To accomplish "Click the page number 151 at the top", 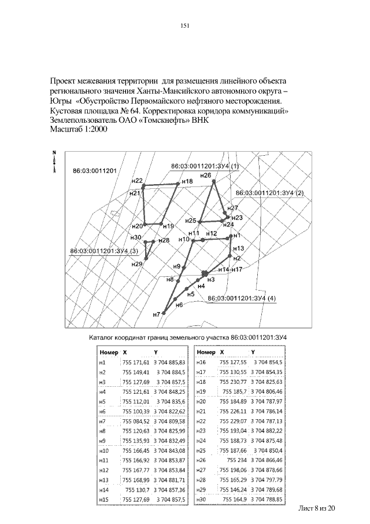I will point(185,25).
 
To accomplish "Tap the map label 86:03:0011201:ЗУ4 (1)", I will point(205,166).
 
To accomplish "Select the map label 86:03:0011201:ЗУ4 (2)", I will point(269,192).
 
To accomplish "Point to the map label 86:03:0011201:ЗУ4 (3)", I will point(103,251).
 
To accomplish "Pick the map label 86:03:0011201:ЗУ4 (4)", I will point(242,298).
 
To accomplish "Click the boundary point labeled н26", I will point(214,181).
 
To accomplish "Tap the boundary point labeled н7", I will point(164,313).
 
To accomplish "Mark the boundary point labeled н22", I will point(143,186).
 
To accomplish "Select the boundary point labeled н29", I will point(146,259).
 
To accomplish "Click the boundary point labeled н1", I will point(231,236).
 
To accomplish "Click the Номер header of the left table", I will point(109,351).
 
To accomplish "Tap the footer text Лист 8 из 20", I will point(316,508).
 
